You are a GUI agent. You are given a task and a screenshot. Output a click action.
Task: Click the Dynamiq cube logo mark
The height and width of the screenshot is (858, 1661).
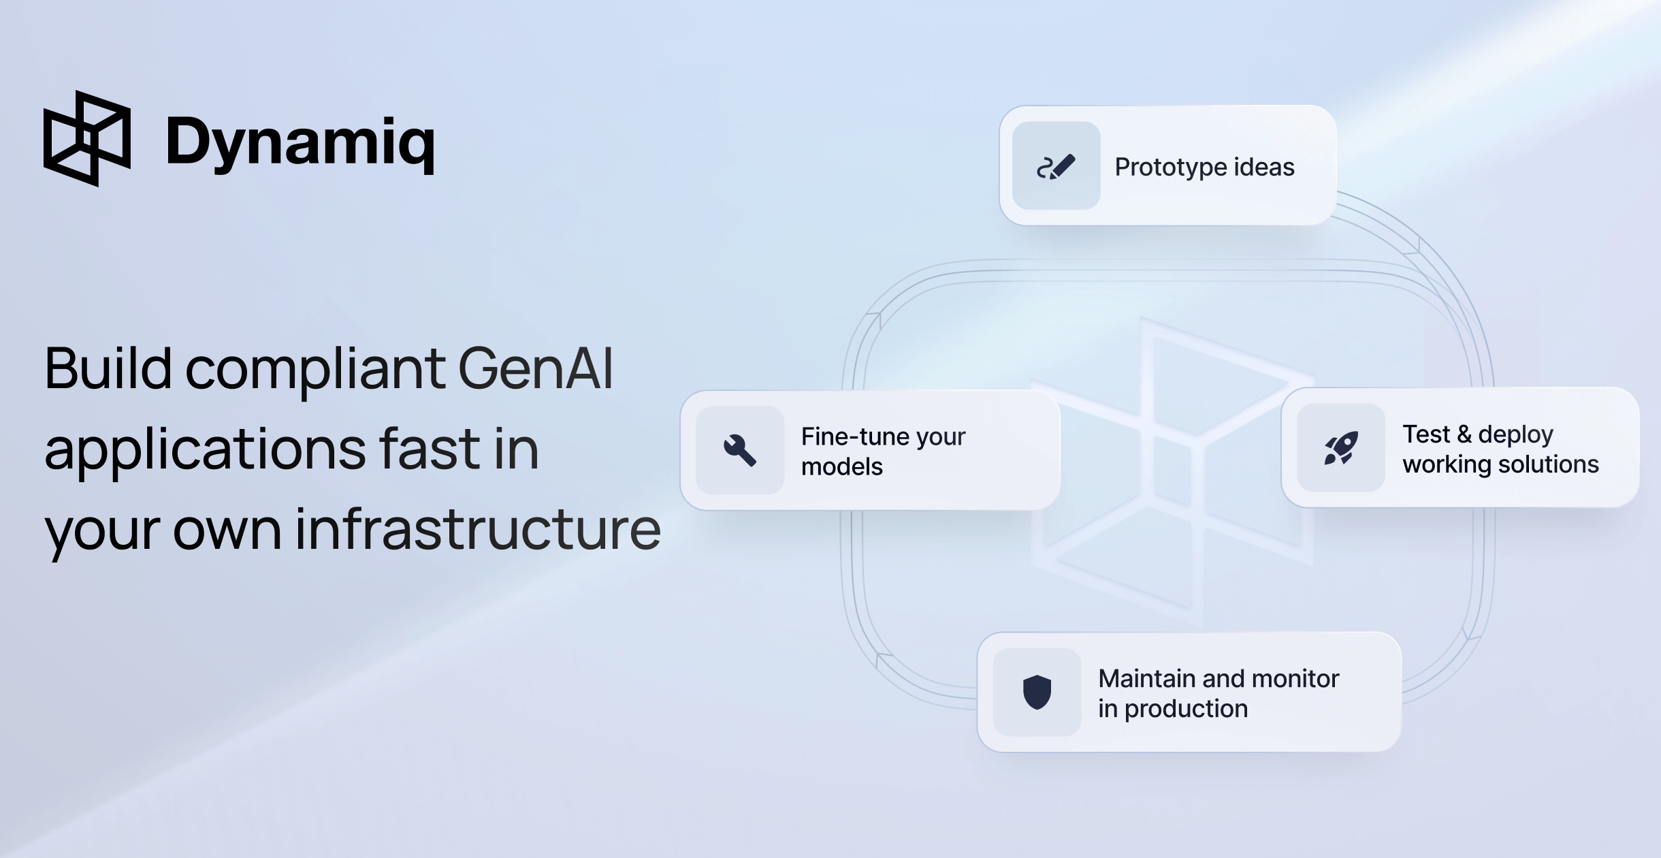[x=87, y=138]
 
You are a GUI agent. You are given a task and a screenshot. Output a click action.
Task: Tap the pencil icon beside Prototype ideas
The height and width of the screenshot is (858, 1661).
[x=1056, y=166]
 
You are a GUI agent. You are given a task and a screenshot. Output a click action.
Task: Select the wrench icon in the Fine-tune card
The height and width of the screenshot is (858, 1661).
[x=740, y=450]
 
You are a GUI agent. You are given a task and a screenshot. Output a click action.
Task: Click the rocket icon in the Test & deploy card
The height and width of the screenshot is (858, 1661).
[x=1341, y=447]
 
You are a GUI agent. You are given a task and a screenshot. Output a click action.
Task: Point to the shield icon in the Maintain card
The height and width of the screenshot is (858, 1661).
[x=1037, y=692]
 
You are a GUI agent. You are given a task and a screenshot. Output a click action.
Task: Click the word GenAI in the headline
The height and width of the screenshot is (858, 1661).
[x=536, y=369]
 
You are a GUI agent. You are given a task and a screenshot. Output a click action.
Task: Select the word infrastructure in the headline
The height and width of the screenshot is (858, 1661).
[x=478, y=530]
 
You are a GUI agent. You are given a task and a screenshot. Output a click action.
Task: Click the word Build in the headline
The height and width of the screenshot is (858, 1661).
[x=108, y=369]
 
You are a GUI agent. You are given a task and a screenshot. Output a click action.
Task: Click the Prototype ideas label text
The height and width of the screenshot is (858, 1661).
[x=1204, y=168]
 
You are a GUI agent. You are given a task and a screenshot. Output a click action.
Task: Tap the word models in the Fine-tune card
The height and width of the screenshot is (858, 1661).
[x=841, y=467]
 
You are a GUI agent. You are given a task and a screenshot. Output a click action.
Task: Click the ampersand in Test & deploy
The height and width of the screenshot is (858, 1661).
[x=1464, y=434]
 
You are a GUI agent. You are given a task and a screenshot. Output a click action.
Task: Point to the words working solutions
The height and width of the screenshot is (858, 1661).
[x=1500, y=464]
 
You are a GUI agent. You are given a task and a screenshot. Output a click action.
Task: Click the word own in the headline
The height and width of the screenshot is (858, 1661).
[x=227, y=530]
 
